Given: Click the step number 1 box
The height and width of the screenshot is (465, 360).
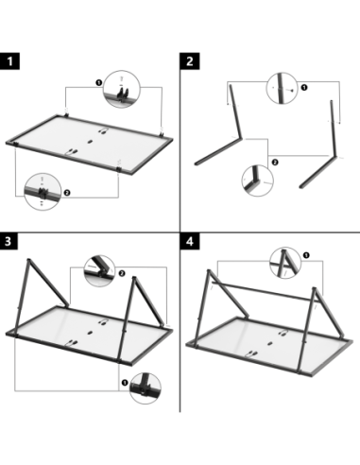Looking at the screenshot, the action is (x=9, y=60).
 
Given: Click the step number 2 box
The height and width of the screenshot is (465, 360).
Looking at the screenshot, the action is (x=190, y=60).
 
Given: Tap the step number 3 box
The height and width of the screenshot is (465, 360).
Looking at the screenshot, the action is (x=9, y=241).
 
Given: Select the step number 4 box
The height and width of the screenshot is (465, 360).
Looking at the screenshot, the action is (x=190, y=241).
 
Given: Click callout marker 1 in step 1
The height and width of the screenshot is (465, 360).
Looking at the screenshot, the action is (x=99, y=82).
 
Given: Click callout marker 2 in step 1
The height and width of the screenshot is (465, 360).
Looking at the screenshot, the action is (x=67, y=193).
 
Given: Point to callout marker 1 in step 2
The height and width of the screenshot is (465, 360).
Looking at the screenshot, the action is (x=304, y=87).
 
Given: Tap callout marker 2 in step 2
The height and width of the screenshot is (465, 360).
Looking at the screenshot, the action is (x=275, y=163).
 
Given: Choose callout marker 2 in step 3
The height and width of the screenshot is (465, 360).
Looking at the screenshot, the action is (x=122, y=273).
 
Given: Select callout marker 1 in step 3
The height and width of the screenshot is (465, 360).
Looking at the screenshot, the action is (x=125, y=383).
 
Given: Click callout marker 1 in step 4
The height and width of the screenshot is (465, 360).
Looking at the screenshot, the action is (x=306, y=255).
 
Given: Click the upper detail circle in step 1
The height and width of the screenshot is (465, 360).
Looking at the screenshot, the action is (x=122, y=89).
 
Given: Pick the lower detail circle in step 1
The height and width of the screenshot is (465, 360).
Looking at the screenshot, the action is (x=43, y=191).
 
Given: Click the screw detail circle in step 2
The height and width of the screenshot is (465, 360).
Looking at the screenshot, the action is (x=283, y=88).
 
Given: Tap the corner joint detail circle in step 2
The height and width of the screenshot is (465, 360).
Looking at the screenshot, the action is (x=257, y=181).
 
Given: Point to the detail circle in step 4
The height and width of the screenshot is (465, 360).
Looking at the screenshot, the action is (x=285, y=263).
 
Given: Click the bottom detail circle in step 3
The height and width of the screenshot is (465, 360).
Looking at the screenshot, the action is (x=146, y=388).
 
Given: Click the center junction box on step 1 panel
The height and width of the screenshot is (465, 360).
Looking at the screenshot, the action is (x=90, y=142).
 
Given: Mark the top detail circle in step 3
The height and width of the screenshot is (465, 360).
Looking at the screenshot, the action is (x=99, y=271).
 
